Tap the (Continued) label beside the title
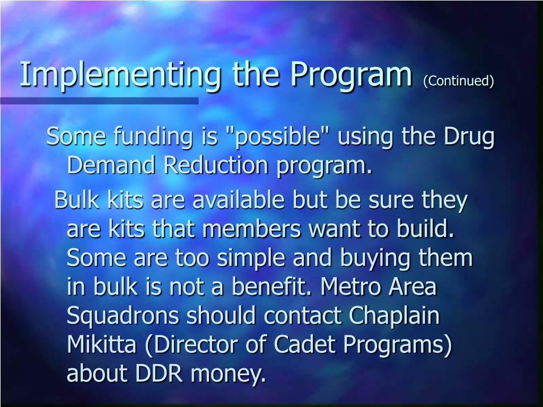[459, 81]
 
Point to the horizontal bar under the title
[99, 100]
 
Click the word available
[238, 201]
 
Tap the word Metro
[352, 288]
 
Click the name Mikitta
[100, 345]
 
